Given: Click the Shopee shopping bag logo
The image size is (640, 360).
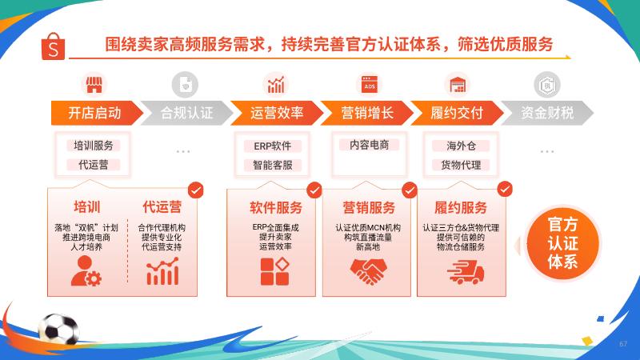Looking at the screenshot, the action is click(x=53, y=46).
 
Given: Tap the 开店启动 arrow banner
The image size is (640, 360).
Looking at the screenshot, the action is click(x=97, y=113).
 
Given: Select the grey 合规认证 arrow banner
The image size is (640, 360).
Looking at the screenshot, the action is click(x=187, y=113).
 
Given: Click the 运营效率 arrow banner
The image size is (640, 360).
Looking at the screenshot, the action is click(x=277, y=113).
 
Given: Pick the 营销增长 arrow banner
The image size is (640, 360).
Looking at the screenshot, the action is click(x=367, y=113).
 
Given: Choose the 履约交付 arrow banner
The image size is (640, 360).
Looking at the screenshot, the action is click(x=457, y=113).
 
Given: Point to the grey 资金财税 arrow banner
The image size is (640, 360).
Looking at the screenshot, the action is click(x=547, y=113).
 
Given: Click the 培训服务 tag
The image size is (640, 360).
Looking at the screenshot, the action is click(x=94, y=146).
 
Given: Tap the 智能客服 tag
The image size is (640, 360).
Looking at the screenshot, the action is click(x=273, y=165).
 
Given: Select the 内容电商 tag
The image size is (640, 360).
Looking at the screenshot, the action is click(x=369, y=145).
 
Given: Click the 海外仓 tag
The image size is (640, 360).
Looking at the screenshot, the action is click(x=461, y=146).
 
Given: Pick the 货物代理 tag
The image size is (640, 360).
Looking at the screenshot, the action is click(x=461, y=165).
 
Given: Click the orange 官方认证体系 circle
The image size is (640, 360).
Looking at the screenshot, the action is click(x=562, y=243).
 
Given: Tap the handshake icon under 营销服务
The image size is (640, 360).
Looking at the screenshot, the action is click(x=368, y=271).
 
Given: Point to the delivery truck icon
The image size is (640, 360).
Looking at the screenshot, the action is click(x=466, y=273).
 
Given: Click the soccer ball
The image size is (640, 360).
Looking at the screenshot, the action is click(x=59, y=329).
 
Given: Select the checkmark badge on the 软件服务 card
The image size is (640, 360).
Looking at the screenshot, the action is click(x=314, y=190).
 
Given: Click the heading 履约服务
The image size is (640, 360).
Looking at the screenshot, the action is click(x=461, y=208).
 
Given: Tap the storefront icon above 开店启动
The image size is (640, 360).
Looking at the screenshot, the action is click(x=94, y=85).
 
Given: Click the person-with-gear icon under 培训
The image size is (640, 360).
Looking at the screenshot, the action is click(x=86, y=271).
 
